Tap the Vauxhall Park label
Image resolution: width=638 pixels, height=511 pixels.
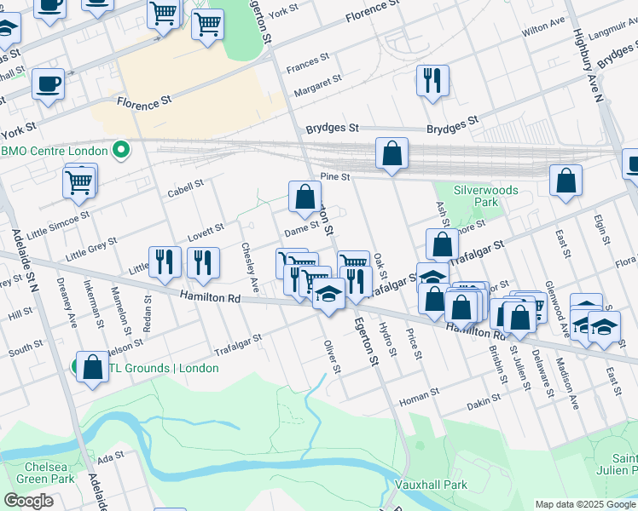(x=432, y=485)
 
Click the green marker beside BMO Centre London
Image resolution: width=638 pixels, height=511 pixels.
(x=121, y=151)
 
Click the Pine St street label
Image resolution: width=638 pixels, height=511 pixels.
(x=335, y=177)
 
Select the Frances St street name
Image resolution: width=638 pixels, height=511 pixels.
(x=308, y=62)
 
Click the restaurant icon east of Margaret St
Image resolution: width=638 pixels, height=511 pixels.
(x=432, y=81)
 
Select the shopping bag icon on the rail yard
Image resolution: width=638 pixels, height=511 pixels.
(x=391, y=154)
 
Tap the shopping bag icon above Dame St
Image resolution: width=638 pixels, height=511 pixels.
(x=304, y=197)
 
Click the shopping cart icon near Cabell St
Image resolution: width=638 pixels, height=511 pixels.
(x=79, y=181)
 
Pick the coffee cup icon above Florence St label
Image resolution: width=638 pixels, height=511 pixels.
(x=48, y=85)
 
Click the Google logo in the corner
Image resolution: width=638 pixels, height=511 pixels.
(x=28, y=501)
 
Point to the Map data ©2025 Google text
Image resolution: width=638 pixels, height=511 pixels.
(x=584, y=504)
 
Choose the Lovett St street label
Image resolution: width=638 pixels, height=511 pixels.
(x=206, y=230)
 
